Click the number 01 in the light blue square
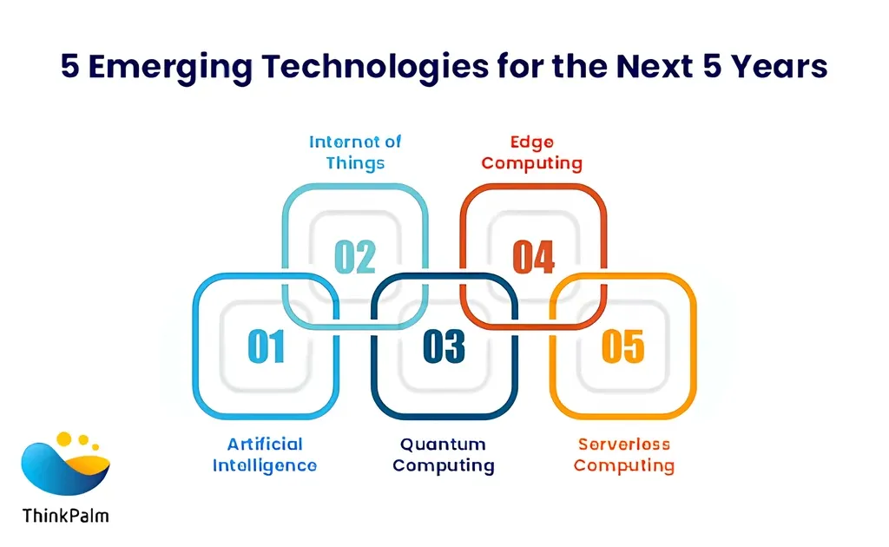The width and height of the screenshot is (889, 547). coord(266,346)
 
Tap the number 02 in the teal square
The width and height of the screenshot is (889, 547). coord(355,257)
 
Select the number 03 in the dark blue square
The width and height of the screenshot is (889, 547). coord(444,346)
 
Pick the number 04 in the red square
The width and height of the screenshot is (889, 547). coord(534,257)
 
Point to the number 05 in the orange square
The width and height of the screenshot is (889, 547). coord(622,346)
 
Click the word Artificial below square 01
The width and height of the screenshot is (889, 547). coord(265,444)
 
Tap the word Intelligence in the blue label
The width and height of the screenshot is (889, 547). coord(265,466)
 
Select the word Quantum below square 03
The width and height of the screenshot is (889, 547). coord(443,445)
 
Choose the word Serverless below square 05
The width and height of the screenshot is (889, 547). coord(623,445)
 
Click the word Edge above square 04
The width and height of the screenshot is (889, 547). coord(532,142)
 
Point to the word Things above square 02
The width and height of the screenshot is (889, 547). coord(355,163)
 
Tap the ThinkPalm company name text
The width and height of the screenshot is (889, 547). coord(66,516)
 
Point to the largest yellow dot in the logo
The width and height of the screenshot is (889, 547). coord(64,438)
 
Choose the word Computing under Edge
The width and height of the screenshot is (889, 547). coord(532,164)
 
